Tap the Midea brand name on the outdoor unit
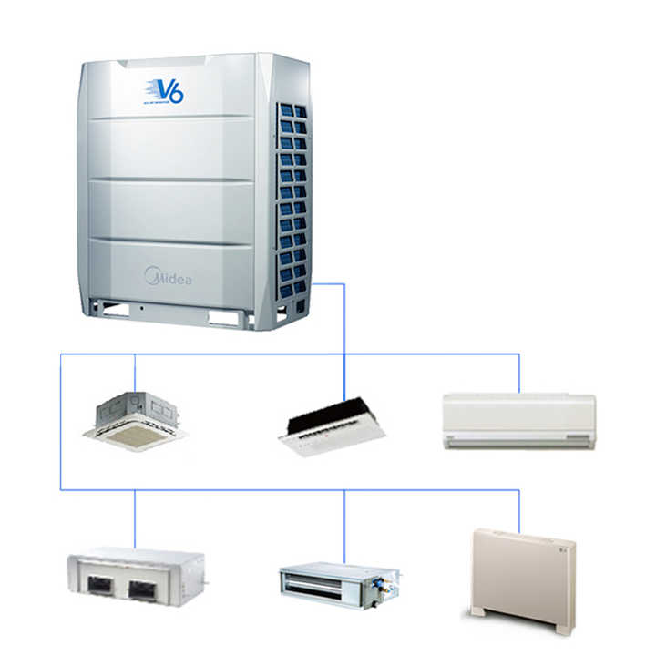tap(169, 277)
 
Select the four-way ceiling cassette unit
tap(135, 421)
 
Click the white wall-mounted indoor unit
tap(518, 420)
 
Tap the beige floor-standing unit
tap(523, 579)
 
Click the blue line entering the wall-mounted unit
tap(519, 374)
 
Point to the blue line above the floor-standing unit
tap(519, 510)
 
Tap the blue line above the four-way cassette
tap(135, 373)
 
